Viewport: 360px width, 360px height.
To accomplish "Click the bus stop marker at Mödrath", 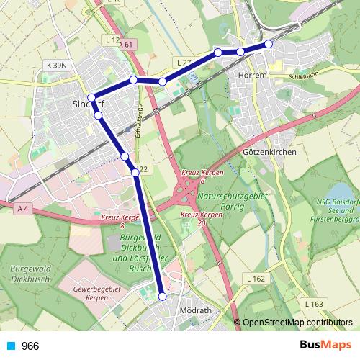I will pyautogui.click(x=162, y=296).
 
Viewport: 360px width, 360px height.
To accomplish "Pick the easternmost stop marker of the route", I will pyautogui.click(x=269, y=44).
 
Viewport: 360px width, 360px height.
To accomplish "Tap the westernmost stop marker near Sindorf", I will pyautogui.click(x=91, y=97).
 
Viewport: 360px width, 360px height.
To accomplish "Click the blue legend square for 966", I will pyautogui.click(x=11, y=346).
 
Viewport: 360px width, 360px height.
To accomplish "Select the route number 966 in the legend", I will pyautogui.click(x=30, y=346).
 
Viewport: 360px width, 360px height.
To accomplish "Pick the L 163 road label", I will pyautogui.click(x=315, y=303).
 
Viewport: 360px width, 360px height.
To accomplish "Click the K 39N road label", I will pyautogui.click(x=56, y=65).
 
